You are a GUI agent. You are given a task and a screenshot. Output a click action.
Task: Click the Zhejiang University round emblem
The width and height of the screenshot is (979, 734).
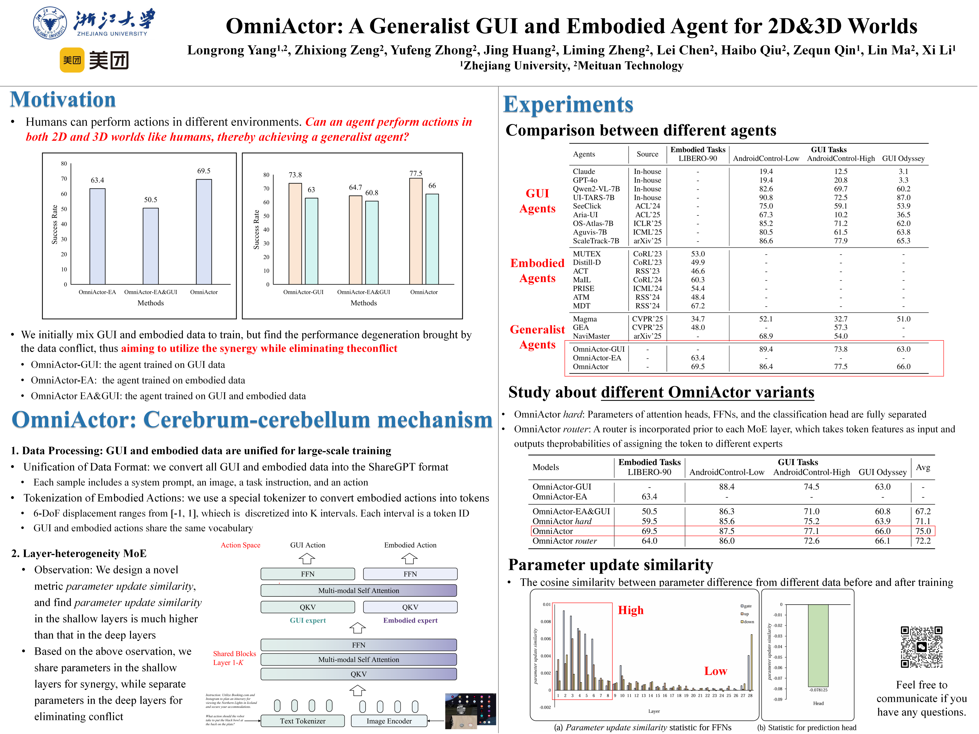[50, 23]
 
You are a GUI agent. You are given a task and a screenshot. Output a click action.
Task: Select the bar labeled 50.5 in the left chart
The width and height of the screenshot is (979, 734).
[150, 246]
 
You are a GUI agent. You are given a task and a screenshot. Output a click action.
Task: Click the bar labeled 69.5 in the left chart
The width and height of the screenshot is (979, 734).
[204, 231]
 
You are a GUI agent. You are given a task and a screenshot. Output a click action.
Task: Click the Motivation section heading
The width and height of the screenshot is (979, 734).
[63, 100]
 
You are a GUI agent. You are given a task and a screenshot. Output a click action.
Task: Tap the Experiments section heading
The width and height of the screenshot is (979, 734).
[568, 105]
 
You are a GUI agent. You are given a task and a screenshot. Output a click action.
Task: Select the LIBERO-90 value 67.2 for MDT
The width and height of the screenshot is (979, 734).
[698, 306]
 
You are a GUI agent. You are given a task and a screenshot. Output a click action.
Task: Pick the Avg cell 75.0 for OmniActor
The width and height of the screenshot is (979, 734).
[923, 531]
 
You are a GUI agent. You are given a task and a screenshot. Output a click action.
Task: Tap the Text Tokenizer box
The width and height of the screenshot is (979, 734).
[302, 721]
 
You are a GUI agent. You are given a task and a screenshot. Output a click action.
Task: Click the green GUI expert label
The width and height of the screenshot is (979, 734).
[308, 620]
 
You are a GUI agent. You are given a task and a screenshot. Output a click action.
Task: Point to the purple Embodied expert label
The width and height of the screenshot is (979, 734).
[410, 620]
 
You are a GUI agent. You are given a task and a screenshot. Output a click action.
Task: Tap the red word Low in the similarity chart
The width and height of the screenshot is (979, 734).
[715, 671]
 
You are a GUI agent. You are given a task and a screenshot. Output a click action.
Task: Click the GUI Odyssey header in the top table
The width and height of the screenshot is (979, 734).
[903, 158]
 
